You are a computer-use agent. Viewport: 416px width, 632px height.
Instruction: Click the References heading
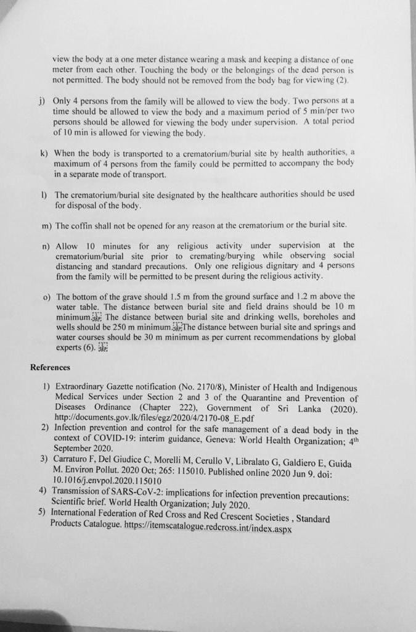coord(50,368)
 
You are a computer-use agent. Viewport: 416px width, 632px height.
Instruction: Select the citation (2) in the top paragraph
coord(343,81)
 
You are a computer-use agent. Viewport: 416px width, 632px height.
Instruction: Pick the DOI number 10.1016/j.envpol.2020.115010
coord(108,480)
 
